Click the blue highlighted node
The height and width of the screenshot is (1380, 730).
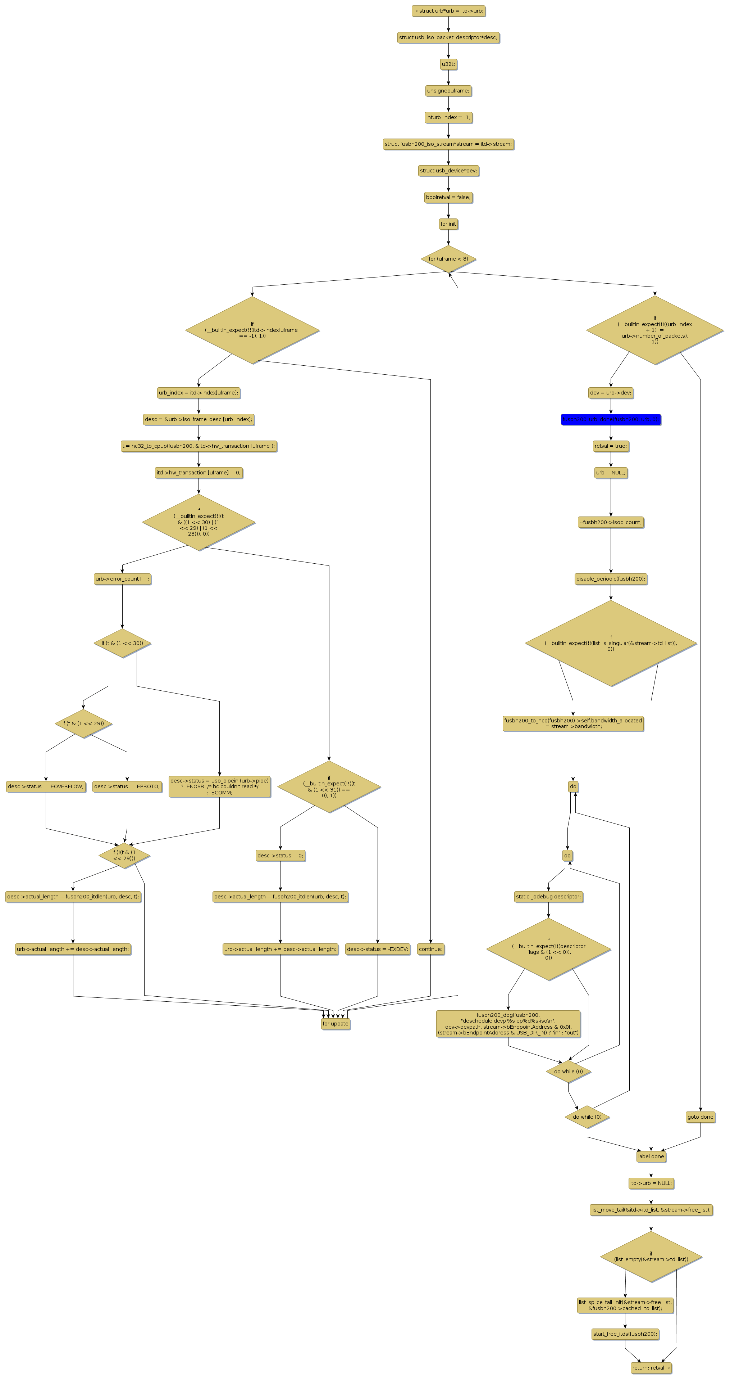[611, 419]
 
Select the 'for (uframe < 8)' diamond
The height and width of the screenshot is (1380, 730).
[448, 259]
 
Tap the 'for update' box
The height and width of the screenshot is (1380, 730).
[336, 1023]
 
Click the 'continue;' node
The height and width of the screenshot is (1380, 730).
[430, 949]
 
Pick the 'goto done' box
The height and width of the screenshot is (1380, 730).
[700, 1117]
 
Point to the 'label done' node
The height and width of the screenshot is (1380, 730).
[651, 1156]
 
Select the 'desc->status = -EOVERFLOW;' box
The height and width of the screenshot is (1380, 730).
[46, 786]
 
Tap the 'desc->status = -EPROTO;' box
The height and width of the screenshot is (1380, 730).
[127, 786]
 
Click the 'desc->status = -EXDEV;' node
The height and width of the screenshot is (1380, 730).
[377, 949]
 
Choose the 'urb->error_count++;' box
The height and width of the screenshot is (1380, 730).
[122, 578]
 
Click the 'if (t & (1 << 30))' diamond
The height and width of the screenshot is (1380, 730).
[122, 643]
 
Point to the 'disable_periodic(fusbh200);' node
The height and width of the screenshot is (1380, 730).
[611, 578]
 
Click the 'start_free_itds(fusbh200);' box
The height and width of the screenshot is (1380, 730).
[625, 1334]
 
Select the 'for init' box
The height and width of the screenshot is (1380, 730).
[448, 224]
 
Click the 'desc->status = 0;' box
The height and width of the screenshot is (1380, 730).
[280, 856]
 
